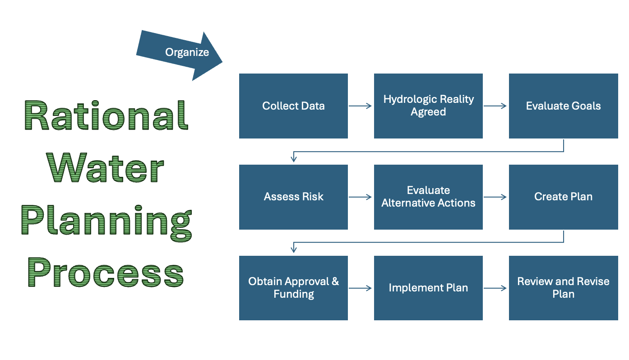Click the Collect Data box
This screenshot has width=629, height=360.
[293, 106]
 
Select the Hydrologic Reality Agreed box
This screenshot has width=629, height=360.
[428, 106]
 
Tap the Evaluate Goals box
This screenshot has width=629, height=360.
[563, 106]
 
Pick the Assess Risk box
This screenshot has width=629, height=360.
[293, 197]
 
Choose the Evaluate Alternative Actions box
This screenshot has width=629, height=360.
[428, 197]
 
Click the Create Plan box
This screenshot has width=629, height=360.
[563, 197]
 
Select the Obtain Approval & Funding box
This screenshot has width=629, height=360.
[293, 288]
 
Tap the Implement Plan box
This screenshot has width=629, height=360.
[428, 288]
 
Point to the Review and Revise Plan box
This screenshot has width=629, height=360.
[563, 288]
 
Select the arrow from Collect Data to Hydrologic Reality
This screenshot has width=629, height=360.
[361, 106]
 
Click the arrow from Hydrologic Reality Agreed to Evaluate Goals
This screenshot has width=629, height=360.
[495, 106]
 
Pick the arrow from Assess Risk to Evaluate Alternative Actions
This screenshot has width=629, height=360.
[361, 197]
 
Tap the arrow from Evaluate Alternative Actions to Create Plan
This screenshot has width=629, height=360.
[495, 197]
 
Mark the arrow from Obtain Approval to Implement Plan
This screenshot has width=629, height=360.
[361, 288]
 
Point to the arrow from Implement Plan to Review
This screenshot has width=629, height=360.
[495, 288]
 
